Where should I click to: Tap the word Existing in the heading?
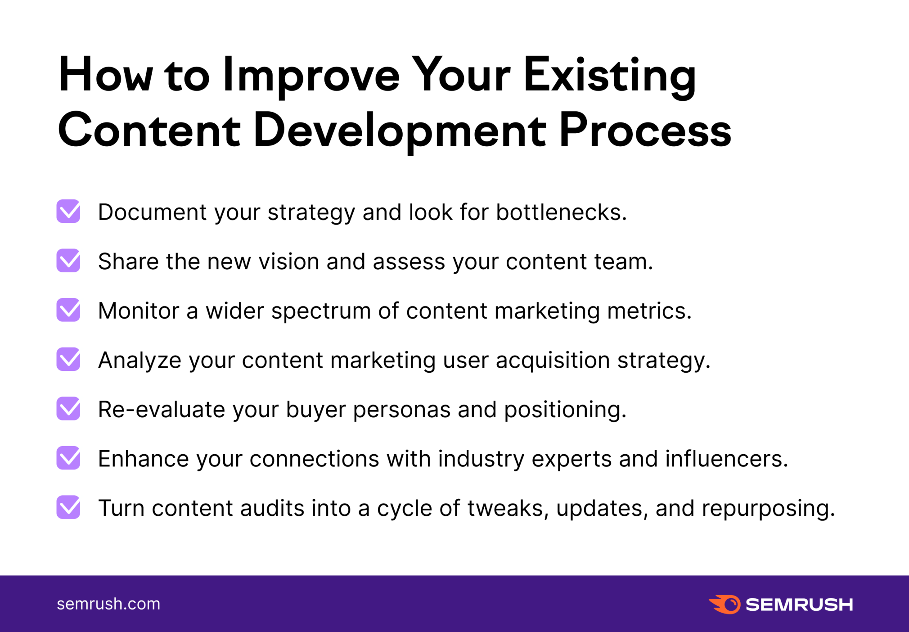point(610,75)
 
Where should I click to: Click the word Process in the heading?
point(645,131)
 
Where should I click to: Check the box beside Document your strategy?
point(68,212)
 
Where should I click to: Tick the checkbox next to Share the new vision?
point(68,261)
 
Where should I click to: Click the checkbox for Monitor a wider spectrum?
point(68,310)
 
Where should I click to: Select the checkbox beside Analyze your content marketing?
point(68,359)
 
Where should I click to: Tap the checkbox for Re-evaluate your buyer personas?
point(68,409)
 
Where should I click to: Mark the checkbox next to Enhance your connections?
point(68,458)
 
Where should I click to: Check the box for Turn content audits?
point(68,507)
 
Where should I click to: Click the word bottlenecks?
point(561,212)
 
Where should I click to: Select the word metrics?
point(649,311)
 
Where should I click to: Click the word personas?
point(401,411)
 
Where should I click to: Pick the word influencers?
point(727,459)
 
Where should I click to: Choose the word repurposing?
point(768,509)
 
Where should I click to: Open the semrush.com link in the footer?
point(108,604)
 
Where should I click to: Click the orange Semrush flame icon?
point(725,604)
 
